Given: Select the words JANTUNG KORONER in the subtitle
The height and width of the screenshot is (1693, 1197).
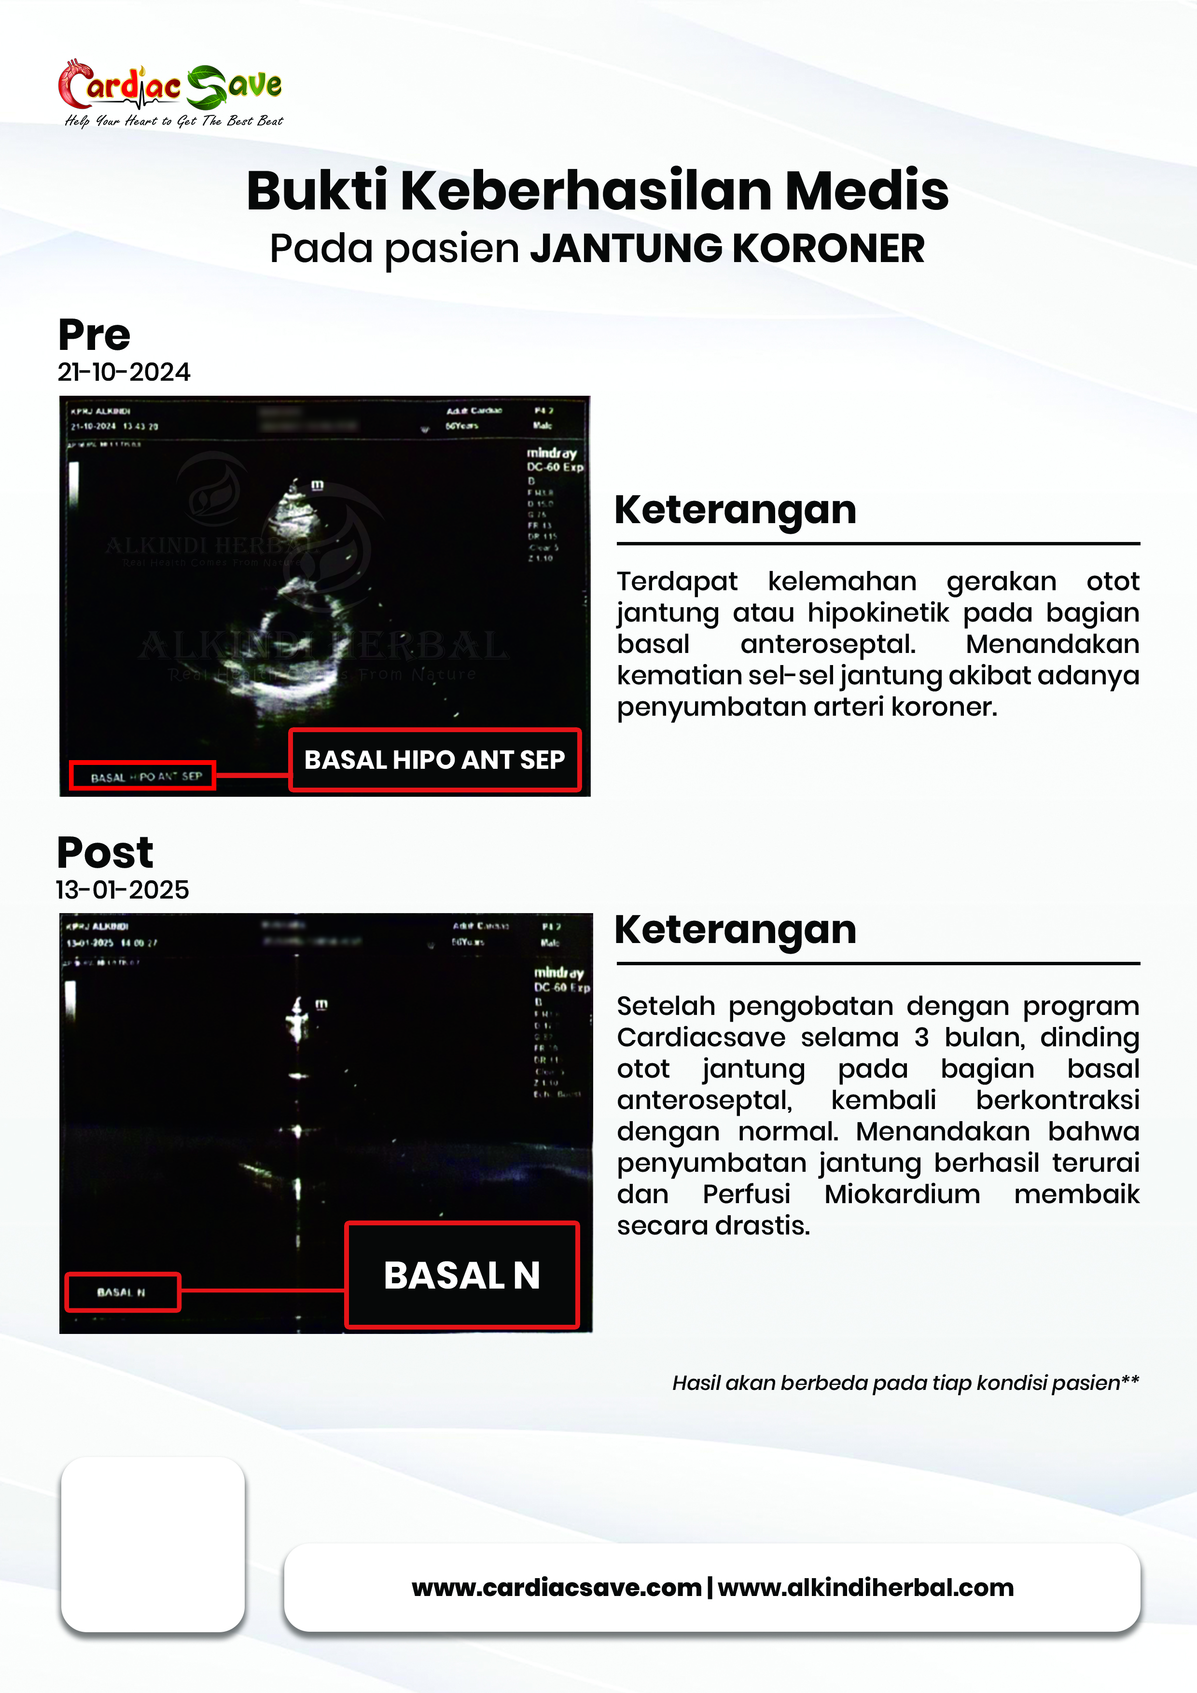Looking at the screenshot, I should (727, 249).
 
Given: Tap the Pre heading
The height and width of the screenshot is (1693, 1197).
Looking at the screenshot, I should (95, 335).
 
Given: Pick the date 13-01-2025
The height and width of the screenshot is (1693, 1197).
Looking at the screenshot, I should (123, 890).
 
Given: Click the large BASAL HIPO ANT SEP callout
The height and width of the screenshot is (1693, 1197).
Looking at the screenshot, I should (434, 760).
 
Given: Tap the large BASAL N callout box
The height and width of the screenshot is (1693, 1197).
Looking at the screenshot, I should (462, 1276).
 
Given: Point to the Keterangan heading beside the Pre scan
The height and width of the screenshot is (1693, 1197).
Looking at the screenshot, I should (735, 510).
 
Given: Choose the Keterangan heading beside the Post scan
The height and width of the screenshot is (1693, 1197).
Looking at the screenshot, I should (735, 930).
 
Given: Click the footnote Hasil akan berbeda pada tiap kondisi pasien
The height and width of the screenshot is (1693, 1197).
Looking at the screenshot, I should (905, 1383).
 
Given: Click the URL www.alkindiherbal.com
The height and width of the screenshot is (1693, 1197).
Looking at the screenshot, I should (866, 1588).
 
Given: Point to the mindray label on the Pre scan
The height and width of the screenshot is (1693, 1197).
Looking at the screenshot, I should (551, 453).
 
